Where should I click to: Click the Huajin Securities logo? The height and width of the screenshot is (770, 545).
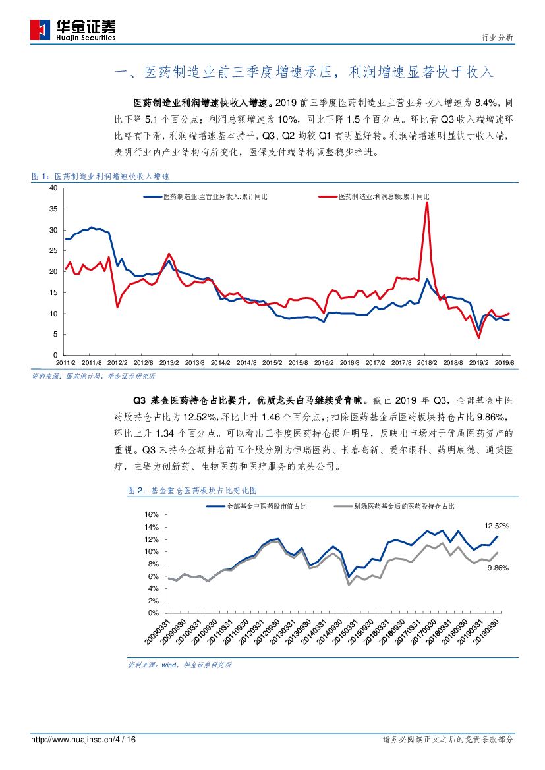point(72,28)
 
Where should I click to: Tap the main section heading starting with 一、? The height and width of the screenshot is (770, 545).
point(304,72)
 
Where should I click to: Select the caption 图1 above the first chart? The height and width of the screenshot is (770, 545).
point(101,177)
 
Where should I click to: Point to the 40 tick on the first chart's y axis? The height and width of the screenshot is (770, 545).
point(54,188)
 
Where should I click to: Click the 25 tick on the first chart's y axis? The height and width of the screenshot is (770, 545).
point(54,251)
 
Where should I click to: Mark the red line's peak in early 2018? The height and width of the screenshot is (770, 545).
point(427,202)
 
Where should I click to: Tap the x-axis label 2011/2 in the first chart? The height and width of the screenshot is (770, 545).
point(65,363)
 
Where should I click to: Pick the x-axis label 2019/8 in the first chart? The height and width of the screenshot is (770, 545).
point(505,363)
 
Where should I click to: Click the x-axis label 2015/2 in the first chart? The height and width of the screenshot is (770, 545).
point(272,363)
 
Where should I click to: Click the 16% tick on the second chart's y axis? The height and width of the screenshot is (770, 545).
point(151,514)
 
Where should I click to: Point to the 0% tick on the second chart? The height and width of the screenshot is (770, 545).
point(154,613)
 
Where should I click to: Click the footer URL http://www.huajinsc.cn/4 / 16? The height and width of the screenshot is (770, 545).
point(84,740)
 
